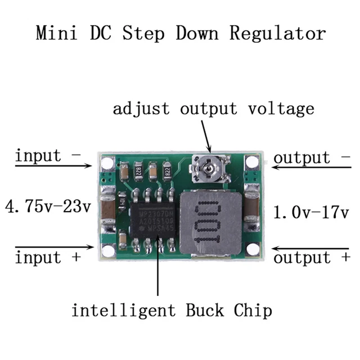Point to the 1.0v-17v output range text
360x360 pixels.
(x=310, y=212)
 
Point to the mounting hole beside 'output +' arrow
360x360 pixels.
(x=253, y=249)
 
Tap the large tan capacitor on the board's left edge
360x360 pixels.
(x=107, y=206)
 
